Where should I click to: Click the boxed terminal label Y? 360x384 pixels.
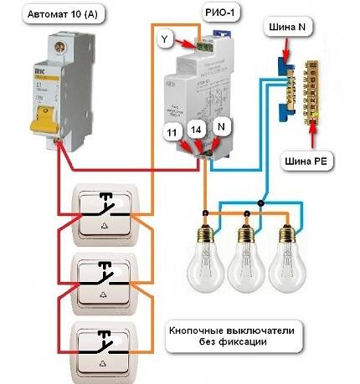[x=166, y=38]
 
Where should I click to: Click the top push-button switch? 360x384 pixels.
[x=105, y=213]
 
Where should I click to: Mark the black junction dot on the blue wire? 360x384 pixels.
[x=262, y=202]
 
